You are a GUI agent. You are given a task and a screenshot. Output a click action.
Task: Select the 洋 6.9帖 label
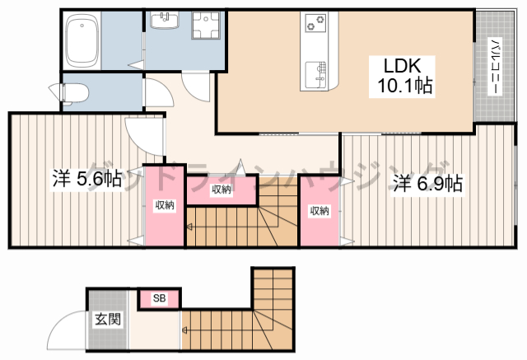pyautogui.click(x=427, y=183)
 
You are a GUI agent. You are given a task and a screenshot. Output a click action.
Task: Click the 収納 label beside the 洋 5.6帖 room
pyautogui.click(x=164, y=204)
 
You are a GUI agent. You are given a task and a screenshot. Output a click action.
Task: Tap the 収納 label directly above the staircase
pyautogui.click(x=222, y=189)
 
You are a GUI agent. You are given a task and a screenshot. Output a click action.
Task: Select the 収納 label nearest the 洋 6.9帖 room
pyautogui.click(x=319, y=211)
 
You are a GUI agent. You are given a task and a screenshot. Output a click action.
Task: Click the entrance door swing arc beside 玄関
pyautogui.click(x=66, y=334)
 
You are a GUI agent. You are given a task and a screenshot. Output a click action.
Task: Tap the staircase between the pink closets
pyautogui.click(x=243, y=222)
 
